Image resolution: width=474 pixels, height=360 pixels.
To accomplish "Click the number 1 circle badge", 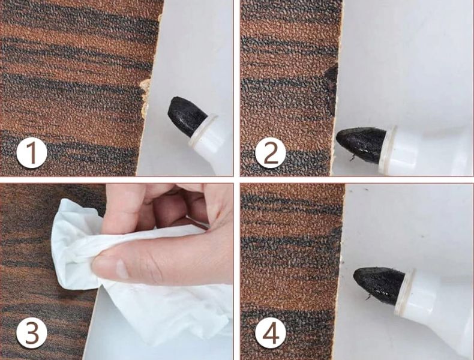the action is (x=32, y=152).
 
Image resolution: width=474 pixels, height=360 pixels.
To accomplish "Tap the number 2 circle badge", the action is (x=271, y=152).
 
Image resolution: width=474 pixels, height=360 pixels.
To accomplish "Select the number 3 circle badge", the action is (x=32, y=333).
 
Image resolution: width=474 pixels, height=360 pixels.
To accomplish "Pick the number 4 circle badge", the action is (x=271, y=333).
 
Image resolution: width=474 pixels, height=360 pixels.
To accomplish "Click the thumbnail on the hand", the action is (x=122, y=269).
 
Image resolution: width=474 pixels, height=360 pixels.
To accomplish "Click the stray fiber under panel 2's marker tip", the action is (x=352, y=158).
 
